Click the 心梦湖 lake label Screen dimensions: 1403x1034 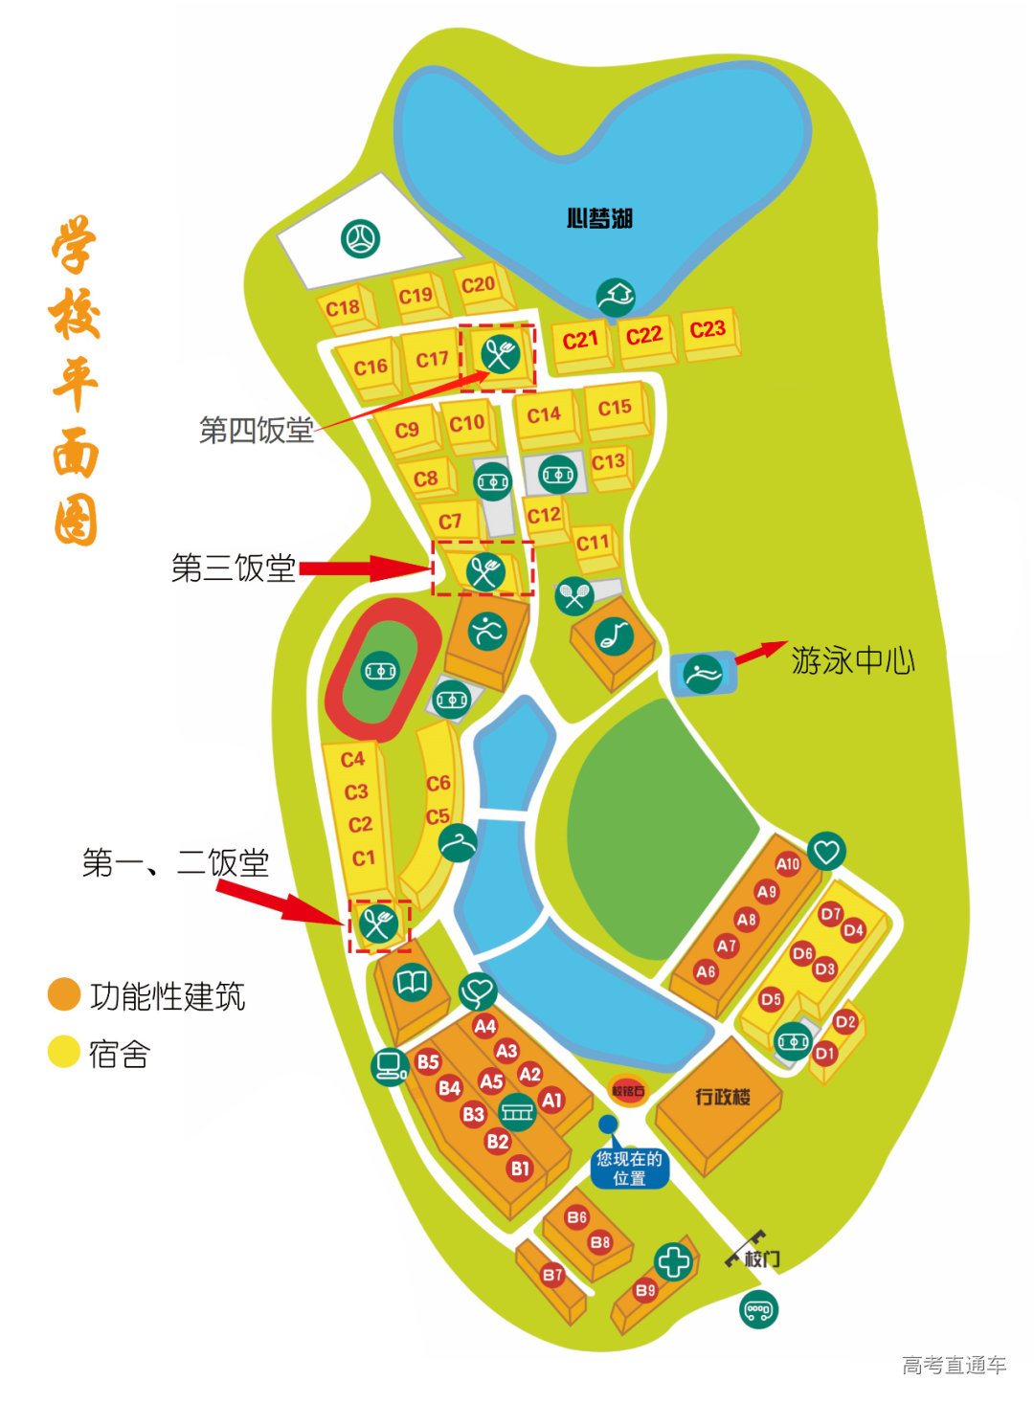point(599,218)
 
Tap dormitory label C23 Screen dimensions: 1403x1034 point(708,329)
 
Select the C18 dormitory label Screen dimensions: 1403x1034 point(343,307)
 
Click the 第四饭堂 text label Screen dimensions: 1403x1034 point(256,430)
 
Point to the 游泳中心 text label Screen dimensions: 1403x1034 point(852,660)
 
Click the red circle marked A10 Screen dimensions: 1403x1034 point(788,863)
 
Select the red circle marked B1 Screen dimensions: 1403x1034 point(520,1168)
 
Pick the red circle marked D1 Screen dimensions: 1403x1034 point(825,1053)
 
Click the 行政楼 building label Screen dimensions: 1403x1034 point(723,1097)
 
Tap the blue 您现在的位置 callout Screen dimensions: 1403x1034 point(629,1168)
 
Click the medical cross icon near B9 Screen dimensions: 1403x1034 point(673,1261)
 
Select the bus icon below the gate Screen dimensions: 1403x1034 point(759,1309)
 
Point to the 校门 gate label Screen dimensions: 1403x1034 point(760,1258)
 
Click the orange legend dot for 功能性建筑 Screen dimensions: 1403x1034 point(64,994)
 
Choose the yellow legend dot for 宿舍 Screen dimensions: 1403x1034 point(64,1052)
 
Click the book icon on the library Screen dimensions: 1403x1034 point(413,982)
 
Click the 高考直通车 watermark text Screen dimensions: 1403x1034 point(954,1365)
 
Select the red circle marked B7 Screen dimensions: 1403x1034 point(552,1274)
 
